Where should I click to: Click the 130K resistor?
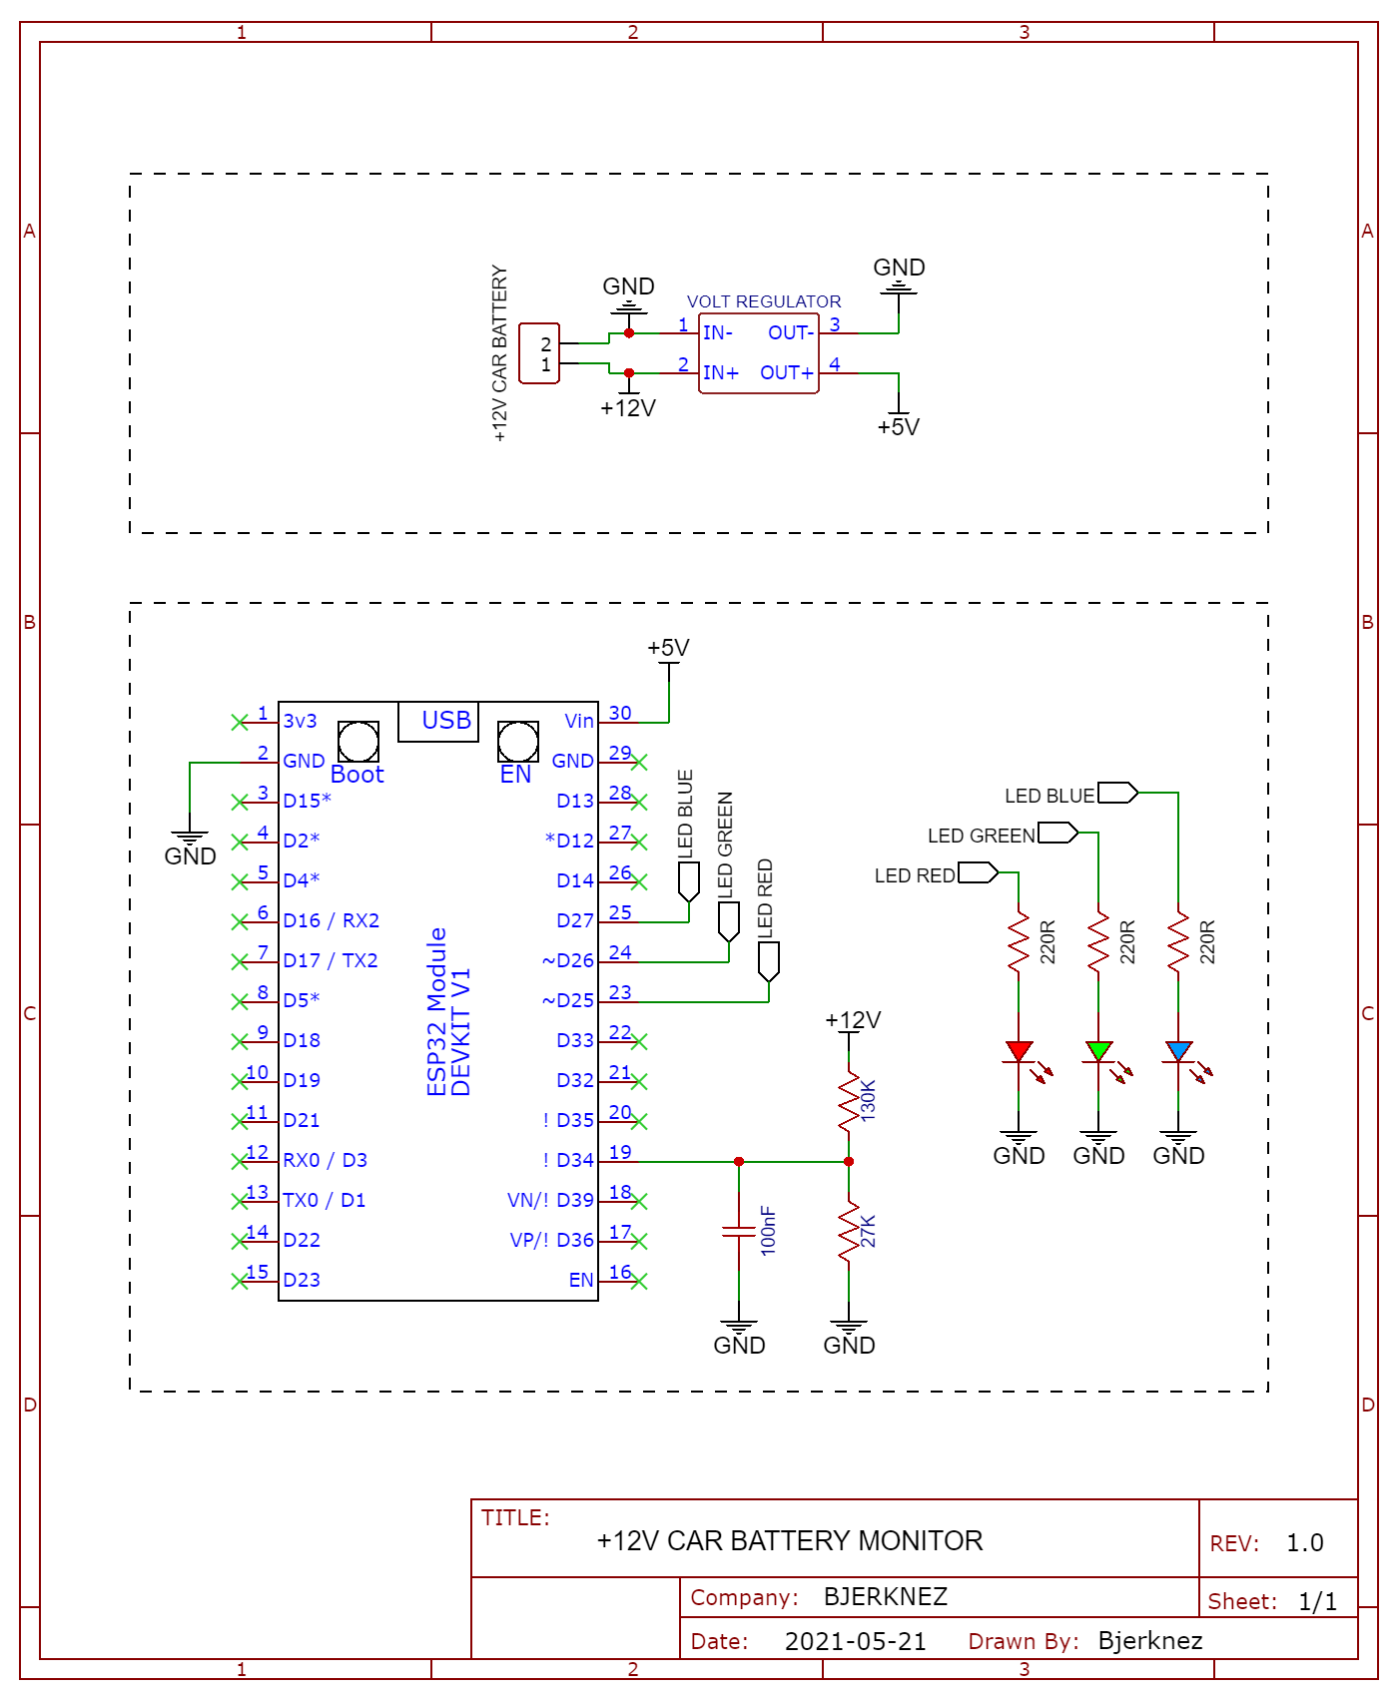(849, 1101)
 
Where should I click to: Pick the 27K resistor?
(849, 1232)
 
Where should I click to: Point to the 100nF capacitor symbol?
(739, 1231)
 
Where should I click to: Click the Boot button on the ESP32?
(358, 742)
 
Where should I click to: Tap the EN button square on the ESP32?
(518, 742)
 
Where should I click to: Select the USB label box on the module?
(438, 722)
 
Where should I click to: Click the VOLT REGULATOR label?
(764, 301)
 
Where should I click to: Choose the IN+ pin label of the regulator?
(721, 372)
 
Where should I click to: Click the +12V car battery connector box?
(539, 353)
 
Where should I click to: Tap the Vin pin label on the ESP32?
(579, 721)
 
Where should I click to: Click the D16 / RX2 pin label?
(332, 920)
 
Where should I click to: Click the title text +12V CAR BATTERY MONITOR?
(790, 1541)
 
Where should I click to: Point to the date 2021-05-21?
(856, 1641)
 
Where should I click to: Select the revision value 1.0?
(1305, 1543)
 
